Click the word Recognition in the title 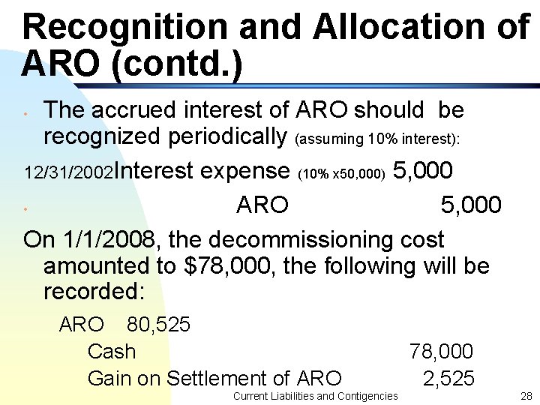124,27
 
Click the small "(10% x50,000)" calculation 342,174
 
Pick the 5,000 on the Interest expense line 423,171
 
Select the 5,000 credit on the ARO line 471,205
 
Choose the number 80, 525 158,325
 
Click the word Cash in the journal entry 112,352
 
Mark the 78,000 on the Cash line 441,352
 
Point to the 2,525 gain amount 448,379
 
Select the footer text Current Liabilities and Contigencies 316,396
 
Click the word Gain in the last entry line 111,379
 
